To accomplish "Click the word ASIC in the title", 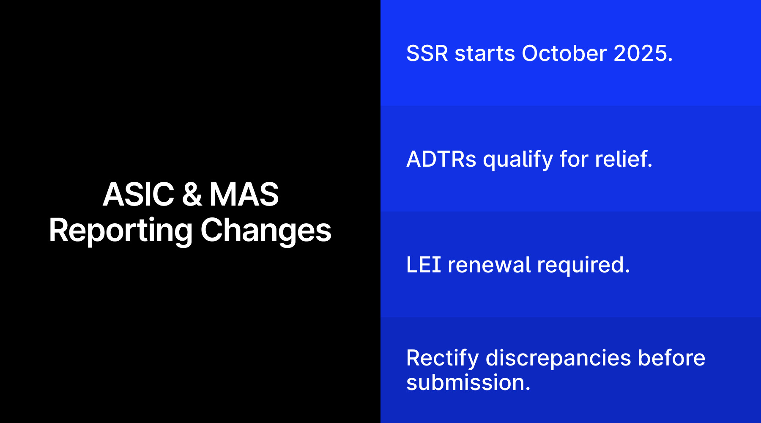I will (138, 195).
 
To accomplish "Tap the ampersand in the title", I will (192, 195).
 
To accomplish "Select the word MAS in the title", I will (244, 195).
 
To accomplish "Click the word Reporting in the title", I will (120, 231).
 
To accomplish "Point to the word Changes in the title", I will (266, 231).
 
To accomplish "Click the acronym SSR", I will (427, 54).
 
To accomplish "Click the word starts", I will (485, 54).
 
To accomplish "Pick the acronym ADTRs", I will (441, 159).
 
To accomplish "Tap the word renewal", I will (489, 265).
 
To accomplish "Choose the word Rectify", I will (442, 359).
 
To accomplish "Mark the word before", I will (671, 358).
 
